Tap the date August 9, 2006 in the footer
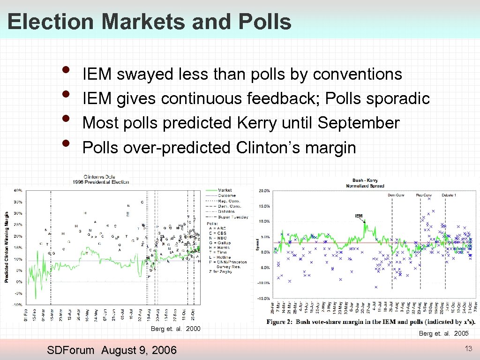139,350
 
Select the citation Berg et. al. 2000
175,329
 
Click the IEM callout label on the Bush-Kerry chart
359,216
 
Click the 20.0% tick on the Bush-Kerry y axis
264,191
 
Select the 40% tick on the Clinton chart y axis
17,190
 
